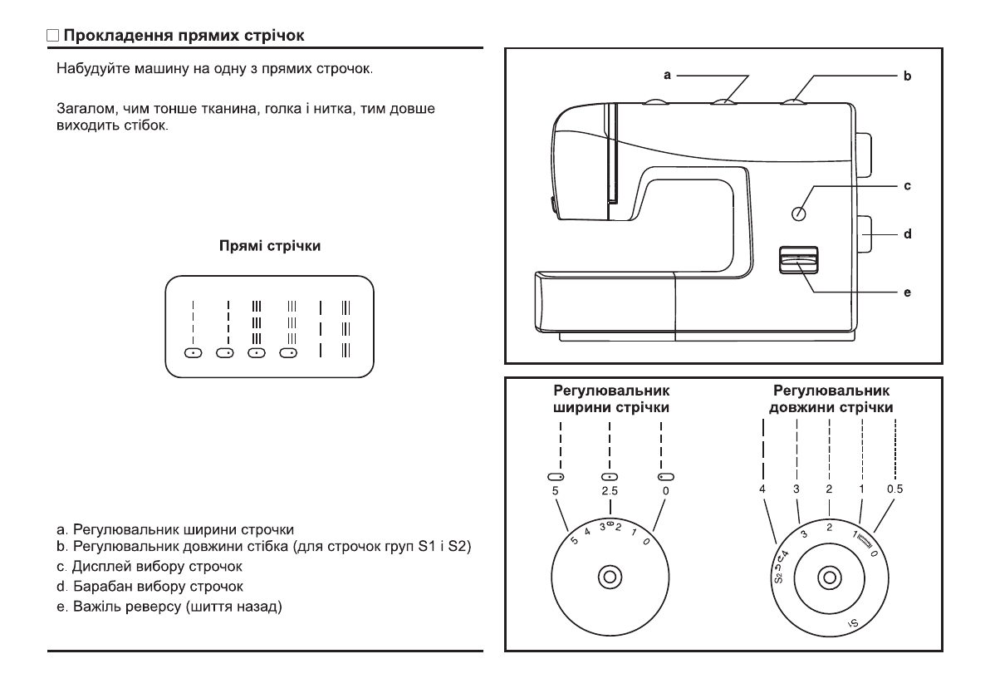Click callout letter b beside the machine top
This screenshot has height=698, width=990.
pyautogui.click(x=907, y=76)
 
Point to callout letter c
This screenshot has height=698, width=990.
pyautogui.click(x=907, y=186)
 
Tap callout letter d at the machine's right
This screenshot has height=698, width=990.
pyautogui.click(x=907, y=234)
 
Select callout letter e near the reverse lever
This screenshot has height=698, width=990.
pyautogui.click(x=907, y=292)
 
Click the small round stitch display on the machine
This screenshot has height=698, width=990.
pyautogui.click(x=799, y=214)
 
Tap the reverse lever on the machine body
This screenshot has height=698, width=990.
pyautogui.click(x=799, y=261)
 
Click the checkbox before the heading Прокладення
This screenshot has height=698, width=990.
pyautogui.click(x=53, y=37)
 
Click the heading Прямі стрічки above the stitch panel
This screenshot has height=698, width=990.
pyautogui.click(x=270, y=246)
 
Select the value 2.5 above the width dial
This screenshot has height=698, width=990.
pyautogui.click(x=610, y=491)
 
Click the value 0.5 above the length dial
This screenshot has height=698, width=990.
pyautogui.click(x=894, y=489)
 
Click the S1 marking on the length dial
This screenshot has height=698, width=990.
pyautogui.click(x=852, y=623)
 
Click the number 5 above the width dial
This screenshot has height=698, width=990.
pyautogui.click(x=555, y=491)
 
